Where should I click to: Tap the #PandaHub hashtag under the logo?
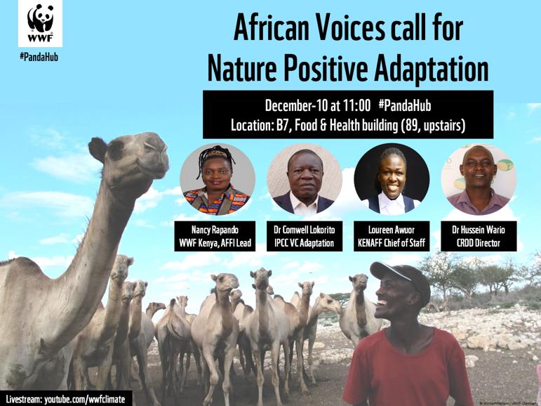(39, 57)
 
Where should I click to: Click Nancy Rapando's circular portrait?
(217, 181)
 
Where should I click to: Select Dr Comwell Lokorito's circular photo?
(305, 181)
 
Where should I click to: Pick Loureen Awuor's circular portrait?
(392, 181)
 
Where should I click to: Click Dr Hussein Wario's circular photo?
(478, 181)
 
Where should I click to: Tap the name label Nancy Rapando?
(217, 229)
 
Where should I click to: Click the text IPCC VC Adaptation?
(305, 244)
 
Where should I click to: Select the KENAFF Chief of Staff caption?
(392, 244)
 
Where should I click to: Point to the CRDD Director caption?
(478, 244)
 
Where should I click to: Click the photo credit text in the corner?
(508, 402)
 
